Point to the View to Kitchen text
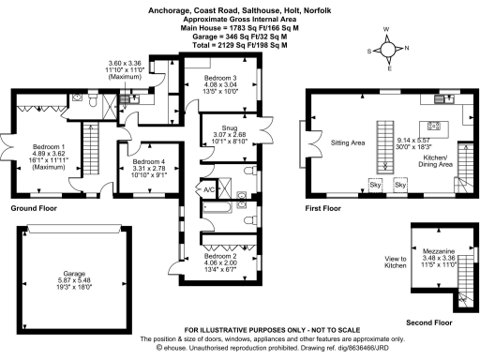[396, 262]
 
